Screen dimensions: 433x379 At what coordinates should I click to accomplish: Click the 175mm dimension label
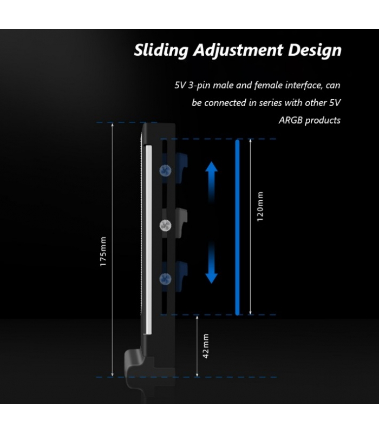[103, 250]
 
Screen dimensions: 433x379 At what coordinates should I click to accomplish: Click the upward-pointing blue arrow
[211, 174]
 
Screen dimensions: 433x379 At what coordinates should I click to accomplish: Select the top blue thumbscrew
[165, 170]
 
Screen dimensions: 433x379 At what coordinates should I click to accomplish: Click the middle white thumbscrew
[165, 224]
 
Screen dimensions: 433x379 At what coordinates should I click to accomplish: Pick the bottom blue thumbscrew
[165, 278]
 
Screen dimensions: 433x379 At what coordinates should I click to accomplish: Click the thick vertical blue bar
[237, 226]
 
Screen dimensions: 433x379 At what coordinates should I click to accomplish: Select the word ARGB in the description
[290, 120]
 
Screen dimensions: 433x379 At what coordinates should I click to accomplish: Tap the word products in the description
[323, 120]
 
